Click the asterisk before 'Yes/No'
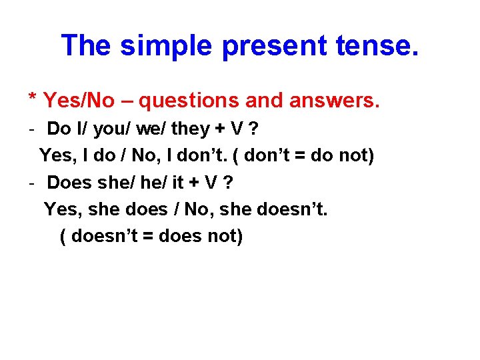[x=33, y=98]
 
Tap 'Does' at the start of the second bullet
[x=69, y=182]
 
